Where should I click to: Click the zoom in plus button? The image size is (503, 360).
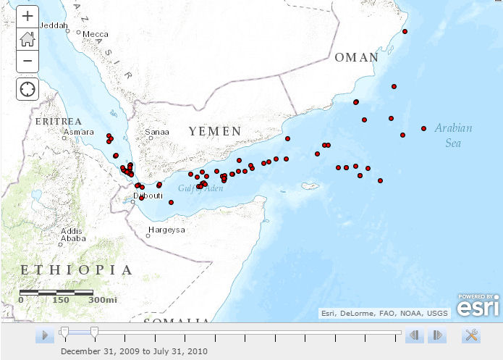click(28, 15)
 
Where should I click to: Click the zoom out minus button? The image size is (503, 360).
click(28, 60)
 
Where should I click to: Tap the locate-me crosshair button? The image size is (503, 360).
click(28, 89)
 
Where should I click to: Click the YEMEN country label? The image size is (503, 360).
click(215, 131)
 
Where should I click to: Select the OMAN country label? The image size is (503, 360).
click(356, 57)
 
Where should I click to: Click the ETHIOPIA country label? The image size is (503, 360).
click(77, 270)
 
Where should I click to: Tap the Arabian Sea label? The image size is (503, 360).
click(453, 135)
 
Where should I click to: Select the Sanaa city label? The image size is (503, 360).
click(157, 132)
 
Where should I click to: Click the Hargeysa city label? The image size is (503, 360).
click(166, 230)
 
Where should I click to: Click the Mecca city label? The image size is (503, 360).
click(96, 34)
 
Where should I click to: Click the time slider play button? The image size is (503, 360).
click(44, 335)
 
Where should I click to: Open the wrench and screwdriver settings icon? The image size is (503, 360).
click(471, 335)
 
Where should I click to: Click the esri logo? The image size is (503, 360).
click(479, 306)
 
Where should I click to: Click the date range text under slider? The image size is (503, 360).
click(134, 351)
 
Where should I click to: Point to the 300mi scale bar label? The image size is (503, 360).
click(102, 300)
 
